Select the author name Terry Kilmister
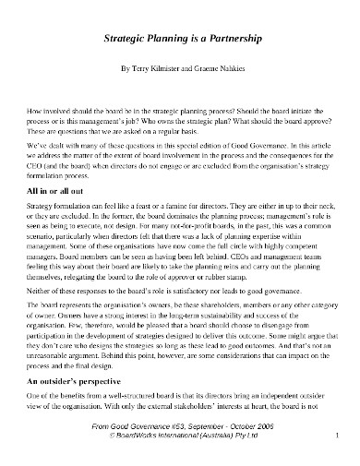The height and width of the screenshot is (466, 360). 152,69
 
